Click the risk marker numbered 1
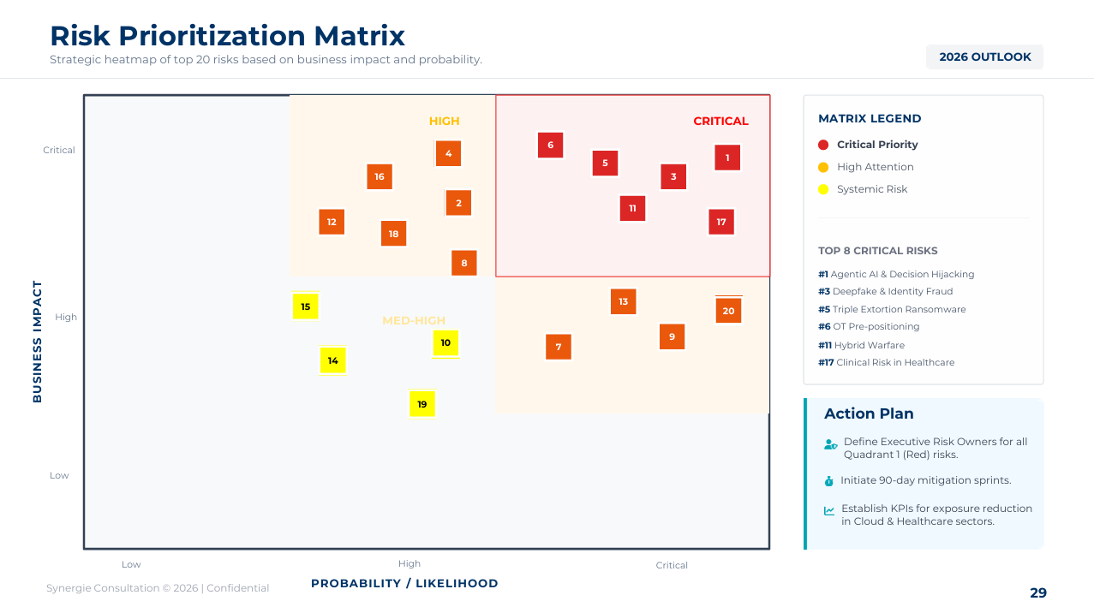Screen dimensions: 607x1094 (x=727, y=158)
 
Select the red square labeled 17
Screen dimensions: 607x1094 (x=721, y=222)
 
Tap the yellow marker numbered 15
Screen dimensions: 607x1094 (x=305, y=306)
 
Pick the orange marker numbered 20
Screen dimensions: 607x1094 (x=728, y=311)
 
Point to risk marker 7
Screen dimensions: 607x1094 (x=559, y=347)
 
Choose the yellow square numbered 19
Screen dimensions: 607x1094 (x=422, y=404)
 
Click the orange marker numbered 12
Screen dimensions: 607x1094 (x=332, y=222)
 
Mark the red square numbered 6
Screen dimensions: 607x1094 (x=550, y=145)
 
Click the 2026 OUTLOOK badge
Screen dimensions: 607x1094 (x=984, y=57)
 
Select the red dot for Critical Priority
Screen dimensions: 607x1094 (x=823, y=145)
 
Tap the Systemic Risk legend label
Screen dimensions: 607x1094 (x=872, y=189)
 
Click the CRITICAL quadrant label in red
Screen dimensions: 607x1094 (x=720, y=122)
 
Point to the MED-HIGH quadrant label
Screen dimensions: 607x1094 (x=414, y=321)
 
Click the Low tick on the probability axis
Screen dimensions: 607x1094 (x=131, y=564)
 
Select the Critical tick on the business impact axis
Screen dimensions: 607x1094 (x=59, y=150)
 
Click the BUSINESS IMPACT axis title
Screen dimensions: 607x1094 (x=38, y=341)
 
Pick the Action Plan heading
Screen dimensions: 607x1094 (x=869, y=414)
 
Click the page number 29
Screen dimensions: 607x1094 (x=1037, y=592)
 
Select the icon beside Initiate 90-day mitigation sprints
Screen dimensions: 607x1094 (x=828, y=481)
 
